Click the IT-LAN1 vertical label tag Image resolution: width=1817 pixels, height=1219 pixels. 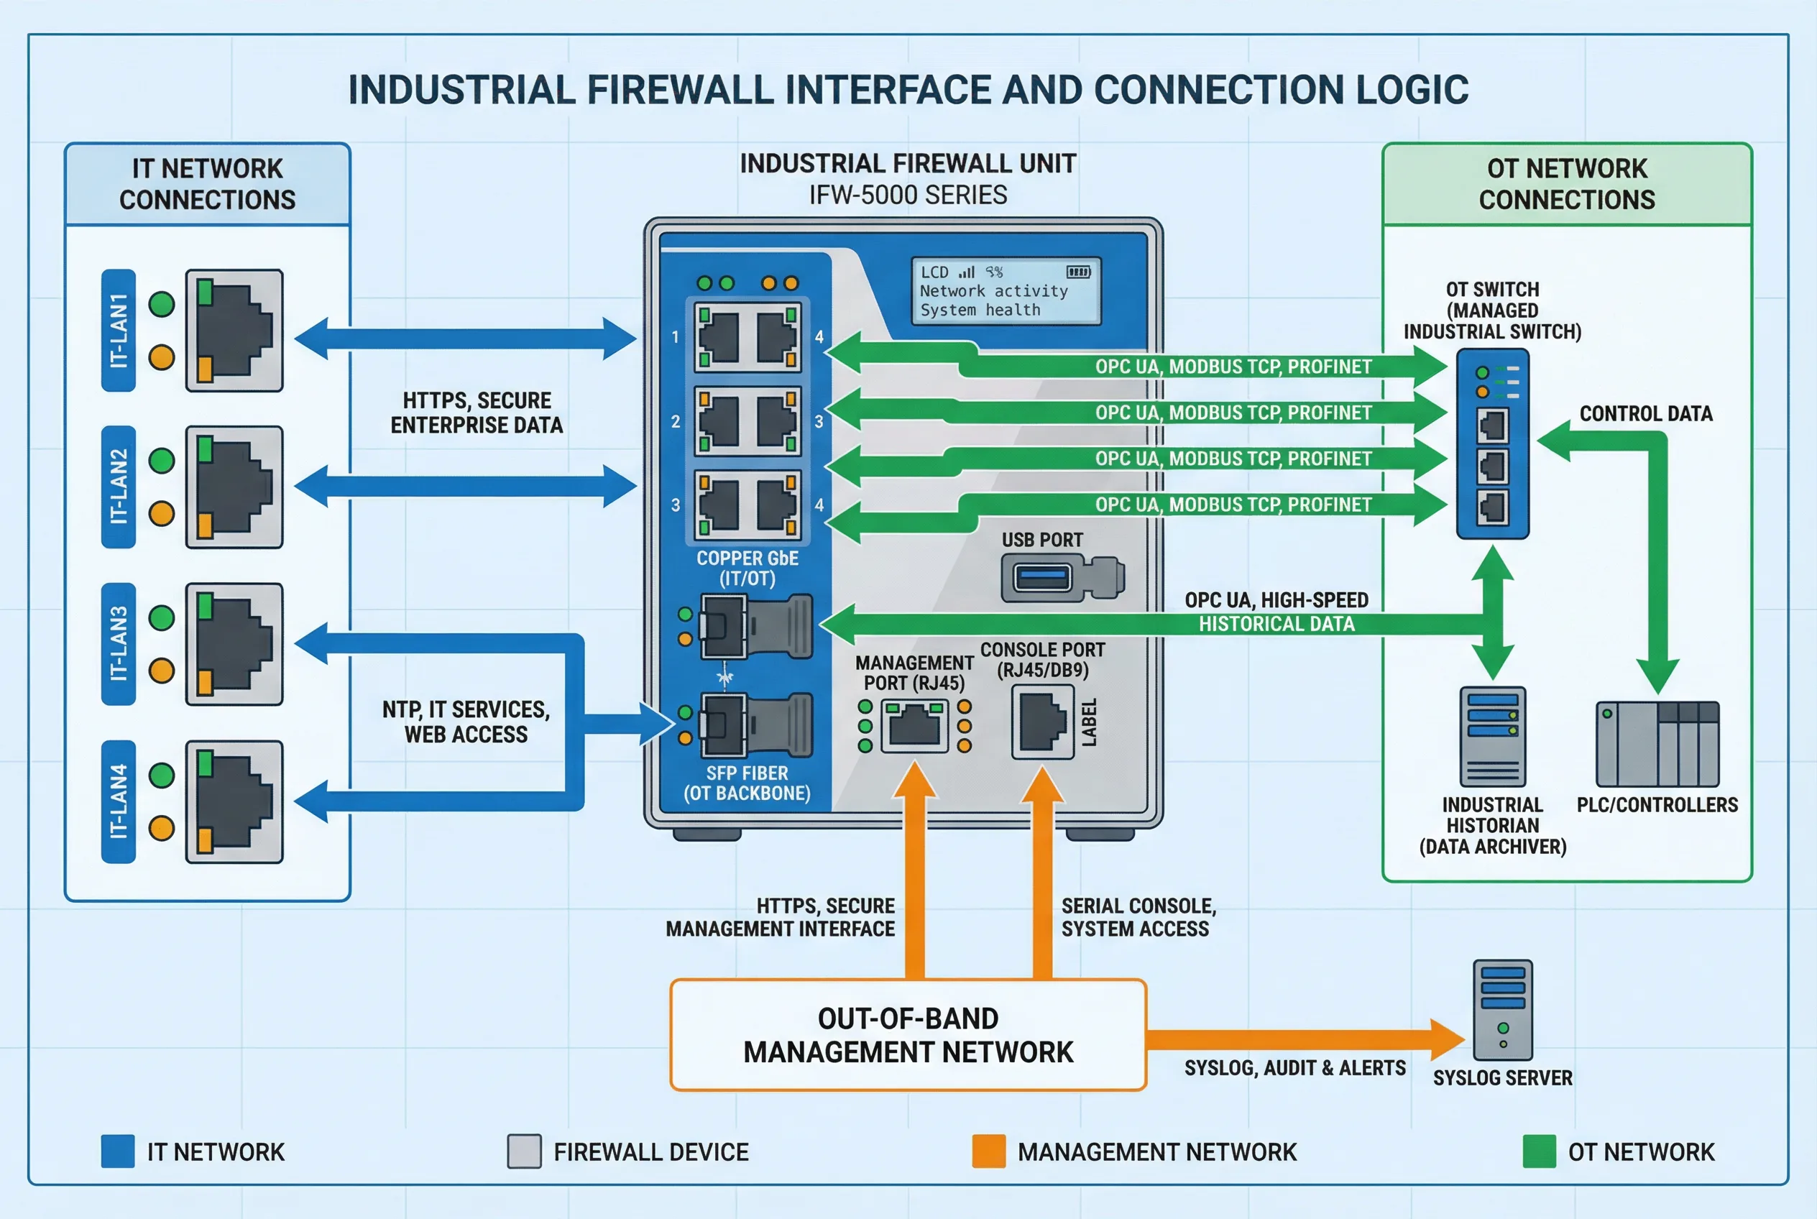[118, 331]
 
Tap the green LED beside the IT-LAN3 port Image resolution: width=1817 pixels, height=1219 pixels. [162, 618]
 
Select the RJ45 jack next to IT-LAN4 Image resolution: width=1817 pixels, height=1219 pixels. [234, 801]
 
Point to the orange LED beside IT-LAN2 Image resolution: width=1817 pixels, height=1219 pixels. [162, 513]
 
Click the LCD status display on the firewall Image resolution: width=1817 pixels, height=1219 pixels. [1006, 291]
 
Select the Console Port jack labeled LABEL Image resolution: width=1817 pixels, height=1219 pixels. [1042, 722]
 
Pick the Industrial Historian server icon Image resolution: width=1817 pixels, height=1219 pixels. [1492, 736]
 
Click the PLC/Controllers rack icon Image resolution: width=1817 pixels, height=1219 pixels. [1657, 744]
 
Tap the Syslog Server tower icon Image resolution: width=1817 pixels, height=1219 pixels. [1502, 1010]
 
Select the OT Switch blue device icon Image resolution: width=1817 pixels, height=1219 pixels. [1492, 443]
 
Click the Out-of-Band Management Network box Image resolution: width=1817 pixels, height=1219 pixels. [907, 1035]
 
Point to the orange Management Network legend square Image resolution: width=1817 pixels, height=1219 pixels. [988, 1151]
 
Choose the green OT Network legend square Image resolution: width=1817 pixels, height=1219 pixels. [1539, 1151]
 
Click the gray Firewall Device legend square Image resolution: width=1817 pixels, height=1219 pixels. [524, 1151]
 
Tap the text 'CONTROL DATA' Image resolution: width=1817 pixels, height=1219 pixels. [1645, 413]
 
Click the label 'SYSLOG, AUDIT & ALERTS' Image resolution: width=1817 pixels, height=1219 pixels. [1294, 1068]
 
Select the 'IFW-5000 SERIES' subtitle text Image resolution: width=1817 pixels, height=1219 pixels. [907, 194]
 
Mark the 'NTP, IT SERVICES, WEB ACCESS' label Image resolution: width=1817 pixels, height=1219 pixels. [466, 722]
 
